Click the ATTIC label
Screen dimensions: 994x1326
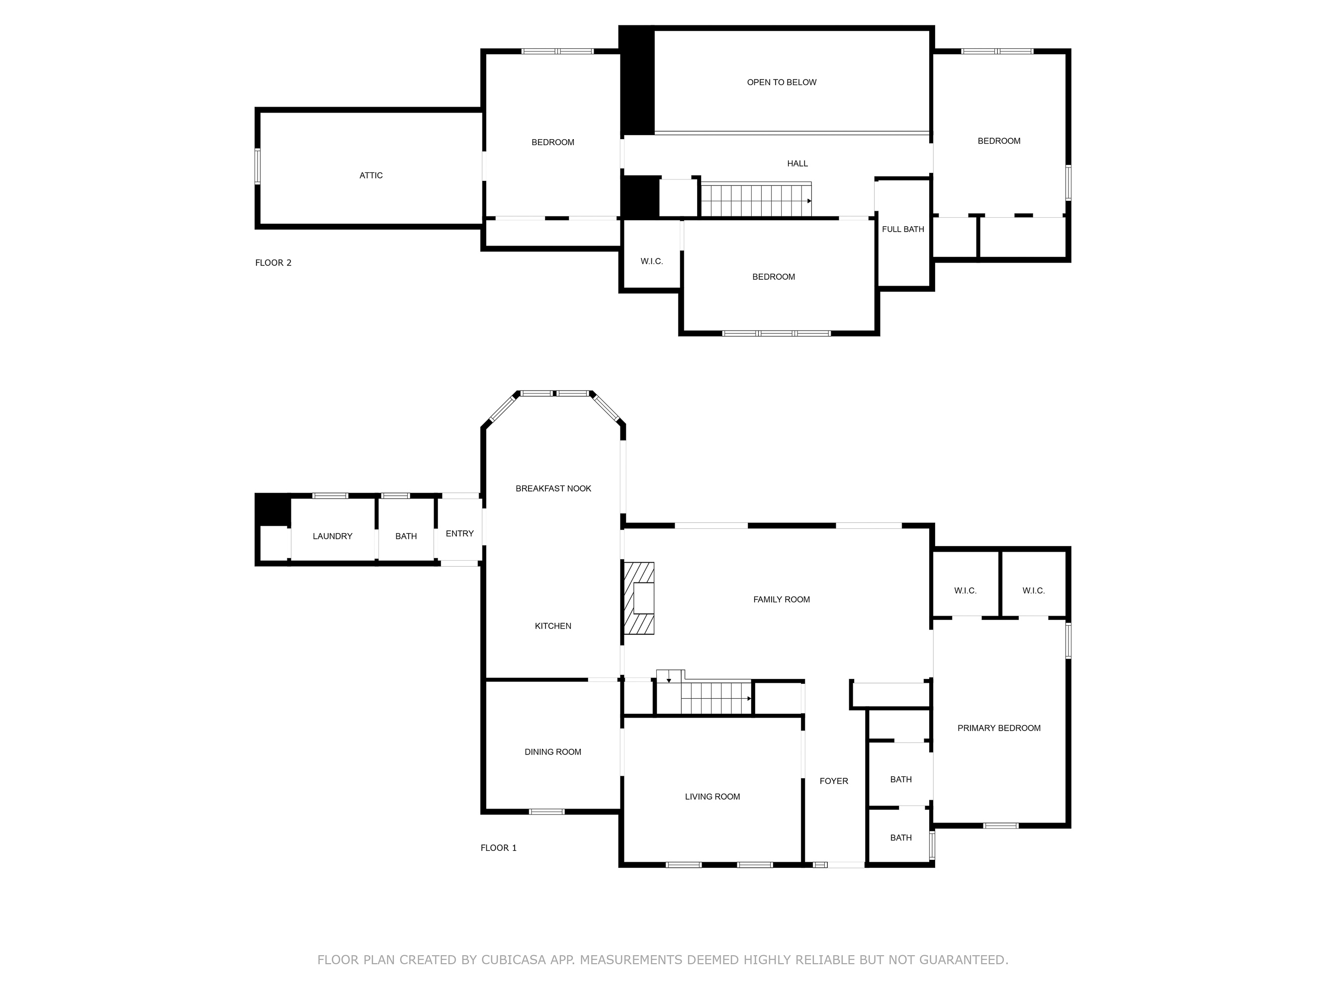370,175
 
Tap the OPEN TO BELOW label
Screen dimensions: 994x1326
781,82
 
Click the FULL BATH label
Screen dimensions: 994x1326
903,230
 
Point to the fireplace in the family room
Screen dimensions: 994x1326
639,598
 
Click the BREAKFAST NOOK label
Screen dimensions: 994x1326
553,489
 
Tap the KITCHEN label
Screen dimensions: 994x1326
553,626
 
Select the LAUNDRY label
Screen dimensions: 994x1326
332,536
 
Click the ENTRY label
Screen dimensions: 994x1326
459,533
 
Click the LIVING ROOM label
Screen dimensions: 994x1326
712,796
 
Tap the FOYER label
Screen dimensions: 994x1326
833,781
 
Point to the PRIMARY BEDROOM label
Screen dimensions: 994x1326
999,728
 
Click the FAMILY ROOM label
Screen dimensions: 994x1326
781,599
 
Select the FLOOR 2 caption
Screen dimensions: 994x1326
273,262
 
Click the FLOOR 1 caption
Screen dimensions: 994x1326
498,848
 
